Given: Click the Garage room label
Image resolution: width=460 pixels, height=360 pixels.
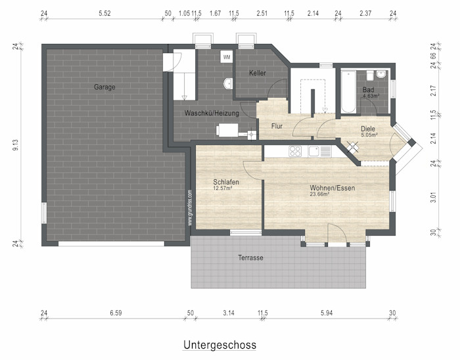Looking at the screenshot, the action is pyautogui.click(x=104, y=87).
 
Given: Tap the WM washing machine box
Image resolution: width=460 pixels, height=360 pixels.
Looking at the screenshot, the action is pyautogui.click(x=227, y=57).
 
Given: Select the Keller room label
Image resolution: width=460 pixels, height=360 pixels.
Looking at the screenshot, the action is pyautogui.click(x=258, y=73).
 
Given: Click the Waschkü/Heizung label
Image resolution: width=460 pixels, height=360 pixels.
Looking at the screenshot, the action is pyautogui.click(x=212, y=113).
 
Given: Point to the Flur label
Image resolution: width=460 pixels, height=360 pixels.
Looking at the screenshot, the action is pyautogui.click(x=277, y=126).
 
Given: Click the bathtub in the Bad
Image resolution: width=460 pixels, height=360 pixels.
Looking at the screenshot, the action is pyautogui.click(x=348, y=91).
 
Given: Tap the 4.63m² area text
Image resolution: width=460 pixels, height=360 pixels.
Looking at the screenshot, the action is pyautogui.click(x=371, y=96).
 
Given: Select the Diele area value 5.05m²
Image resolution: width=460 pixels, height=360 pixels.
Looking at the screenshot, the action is pyautogui.click(x=369, y=135).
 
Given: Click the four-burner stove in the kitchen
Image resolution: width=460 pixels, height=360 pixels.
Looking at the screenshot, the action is pyautogui.click(x=295, y=151).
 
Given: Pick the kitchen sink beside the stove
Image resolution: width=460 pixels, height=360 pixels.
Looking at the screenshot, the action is pyautogui.click(x=314, y=151).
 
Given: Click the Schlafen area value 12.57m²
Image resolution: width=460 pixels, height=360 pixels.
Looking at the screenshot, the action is pyautogui.click(x=223, y=188).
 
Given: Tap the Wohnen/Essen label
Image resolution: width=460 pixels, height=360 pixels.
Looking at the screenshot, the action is pyautogui.click(x=333, y=188).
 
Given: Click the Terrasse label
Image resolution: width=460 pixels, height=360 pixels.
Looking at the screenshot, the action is pyautogui.click(x=250, y=258).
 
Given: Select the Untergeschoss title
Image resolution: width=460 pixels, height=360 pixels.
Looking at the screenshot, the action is pyautogui.click(x=219, y=345).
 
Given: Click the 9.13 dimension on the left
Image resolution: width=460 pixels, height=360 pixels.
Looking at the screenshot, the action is pyautogui.click(x=16, y=145).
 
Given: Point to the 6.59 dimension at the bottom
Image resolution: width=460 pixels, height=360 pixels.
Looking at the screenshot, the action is pyautogui.click(x=116, y=313).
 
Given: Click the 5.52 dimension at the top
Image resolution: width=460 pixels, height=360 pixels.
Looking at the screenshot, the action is pyautogui.click(x=104, y=13).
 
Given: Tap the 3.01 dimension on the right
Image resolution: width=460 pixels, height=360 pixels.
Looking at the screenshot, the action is pyautogui.click(x=433, y=197).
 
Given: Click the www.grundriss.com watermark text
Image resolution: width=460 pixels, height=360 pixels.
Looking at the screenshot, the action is pyautogui.click(x=190, y=208).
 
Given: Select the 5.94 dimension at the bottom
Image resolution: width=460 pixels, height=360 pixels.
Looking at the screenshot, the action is pyautogui.click(x=327, y=313).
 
